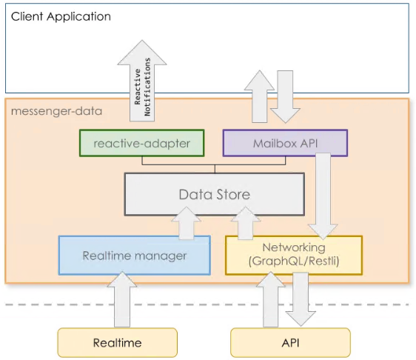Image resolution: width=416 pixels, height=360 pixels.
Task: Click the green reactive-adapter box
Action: [x=141, y=143]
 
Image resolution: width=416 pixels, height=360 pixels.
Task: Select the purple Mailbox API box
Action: [x=285, y=143]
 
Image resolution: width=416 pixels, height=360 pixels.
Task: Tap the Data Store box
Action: [x=215, y=194]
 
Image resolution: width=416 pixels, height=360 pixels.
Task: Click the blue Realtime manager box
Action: [x=135, y=256]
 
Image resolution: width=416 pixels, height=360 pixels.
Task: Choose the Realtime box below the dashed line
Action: [x=117, y=342]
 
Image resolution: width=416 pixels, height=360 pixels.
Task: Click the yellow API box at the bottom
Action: [x=290, y=342]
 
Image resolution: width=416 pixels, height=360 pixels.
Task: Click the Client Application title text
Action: [x=61, y=16]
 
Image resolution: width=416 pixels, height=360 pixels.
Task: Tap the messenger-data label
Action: [x=56, y=111]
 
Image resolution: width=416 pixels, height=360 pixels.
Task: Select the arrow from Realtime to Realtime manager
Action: [x=122, y=299]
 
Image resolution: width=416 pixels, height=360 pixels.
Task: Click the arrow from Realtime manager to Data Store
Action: [x=186, y=224]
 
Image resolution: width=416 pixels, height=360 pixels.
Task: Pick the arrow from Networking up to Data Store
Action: [x=246, y=224]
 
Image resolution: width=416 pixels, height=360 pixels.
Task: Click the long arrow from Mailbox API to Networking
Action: [x=323, y=196]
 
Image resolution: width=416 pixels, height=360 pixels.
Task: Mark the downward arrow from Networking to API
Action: [x=301, y=299]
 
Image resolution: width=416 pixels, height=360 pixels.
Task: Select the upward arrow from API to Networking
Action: [x=271, y=299]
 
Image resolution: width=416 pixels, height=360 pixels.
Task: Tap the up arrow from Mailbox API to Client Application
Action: [x=259, y=96]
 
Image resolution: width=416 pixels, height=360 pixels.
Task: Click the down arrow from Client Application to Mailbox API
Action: [x=285, y=96]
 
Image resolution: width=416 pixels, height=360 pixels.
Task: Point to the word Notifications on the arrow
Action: [x=147, y=87]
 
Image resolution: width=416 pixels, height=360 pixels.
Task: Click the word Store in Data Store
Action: [x=232, y=194]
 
